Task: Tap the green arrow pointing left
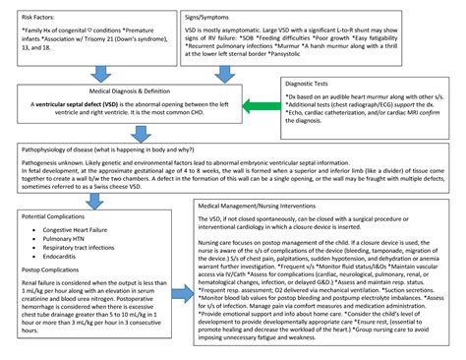tap(259, 104)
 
